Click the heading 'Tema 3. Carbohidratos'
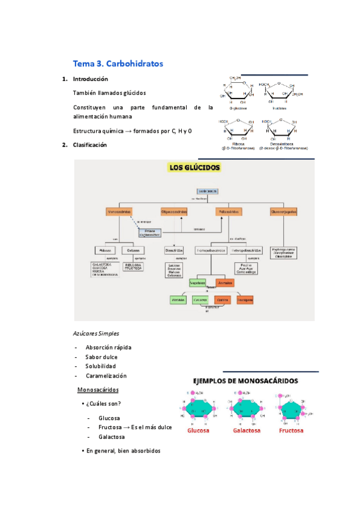118,63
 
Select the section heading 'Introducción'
90,79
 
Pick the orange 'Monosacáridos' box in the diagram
119,212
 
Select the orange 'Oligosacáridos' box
174,212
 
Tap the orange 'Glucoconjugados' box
284,212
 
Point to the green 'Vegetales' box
197,283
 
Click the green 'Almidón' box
178,299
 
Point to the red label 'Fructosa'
291,431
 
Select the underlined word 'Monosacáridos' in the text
97,390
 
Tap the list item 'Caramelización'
106,376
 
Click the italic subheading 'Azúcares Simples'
96,333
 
